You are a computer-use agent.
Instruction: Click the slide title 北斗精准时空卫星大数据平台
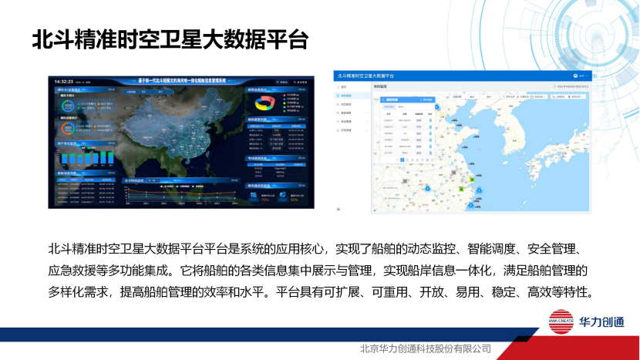click(170, 40)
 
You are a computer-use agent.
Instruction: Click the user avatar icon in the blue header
click(577, 76)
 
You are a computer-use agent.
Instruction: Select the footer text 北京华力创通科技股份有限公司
click(425, 348)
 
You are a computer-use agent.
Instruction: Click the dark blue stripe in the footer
click(231, 335)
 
